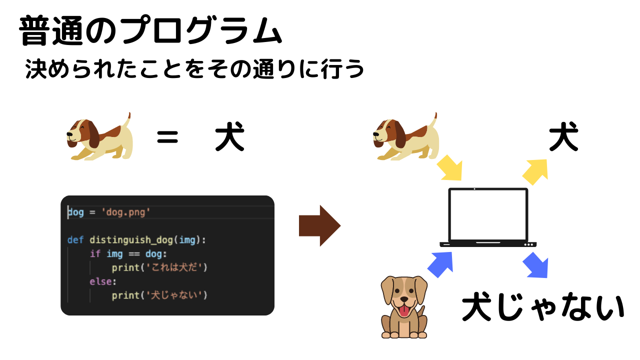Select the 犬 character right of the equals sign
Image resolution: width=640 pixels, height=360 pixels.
229,138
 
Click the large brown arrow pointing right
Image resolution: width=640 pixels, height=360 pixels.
319,226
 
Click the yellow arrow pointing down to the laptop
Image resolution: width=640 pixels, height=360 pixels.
449,167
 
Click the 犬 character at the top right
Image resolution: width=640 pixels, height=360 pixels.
563,137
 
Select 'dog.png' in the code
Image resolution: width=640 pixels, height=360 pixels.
126,212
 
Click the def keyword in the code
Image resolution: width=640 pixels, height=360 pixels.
75,240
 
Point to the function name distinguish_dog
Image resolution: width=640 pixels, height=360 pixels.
131,240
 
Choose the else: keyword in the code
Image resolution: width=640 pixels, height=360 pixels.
102,281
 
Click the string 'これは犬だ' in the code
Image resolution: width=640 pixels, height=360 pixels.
172,267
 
